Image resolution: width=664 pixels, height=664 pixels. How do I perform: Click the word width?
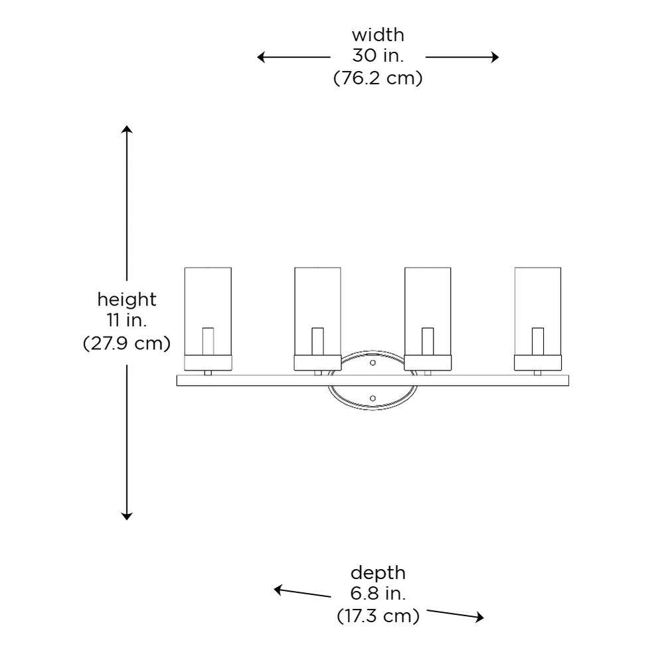tap(377, 35)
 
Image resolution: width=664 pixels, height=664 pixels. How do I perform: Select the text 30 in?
tap(377, 56)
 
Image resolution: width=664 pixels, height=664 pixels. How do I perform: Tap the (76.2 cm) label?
tap(377, 78)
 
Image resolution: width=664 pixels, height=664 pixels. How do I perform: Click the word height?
tap(127, 299)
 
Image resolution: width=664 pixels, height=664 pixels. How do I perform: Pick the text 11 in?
tap(127, 321)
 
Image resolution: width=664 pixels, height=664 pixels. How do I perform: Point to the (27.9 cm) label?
tap(127, 343)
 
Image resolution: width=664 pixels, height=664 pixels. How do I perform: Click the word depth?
tap(377, 572)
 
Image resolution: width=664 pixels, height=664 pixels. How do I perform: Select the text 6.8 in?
tap(377, 594)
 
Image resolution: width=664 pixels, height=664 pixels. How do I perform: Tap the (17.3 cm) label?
tap(377, 616)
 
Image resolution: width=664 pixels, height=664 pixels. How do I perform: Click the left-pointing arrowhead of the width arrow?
tap(261, 57)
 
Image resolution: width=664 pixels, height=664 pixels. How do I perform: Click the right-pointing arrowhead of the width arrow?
tap(495, 57)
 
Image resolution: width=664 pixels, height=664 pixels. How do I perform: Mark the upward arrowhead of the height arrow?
tap(127, 127)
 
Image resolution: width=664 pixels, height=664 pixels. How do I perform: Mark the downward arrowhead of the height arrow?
tap(127, 516)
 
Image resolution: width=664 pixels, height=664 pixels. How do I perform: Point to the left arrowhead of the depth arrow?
tap(278, 588)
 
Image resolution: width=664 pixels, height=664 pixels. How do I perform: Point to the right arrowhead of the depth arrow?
tap(480, 618)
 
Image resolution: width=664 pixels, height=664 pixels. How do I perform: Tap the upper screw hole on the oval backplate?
tap(373, 363)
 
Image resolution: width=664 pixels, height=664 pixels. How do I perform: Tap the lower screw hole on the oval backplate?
tap(373, 398)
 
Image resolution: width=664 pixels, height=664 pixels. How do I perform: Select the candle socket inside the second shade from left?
tap(317, 341)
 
